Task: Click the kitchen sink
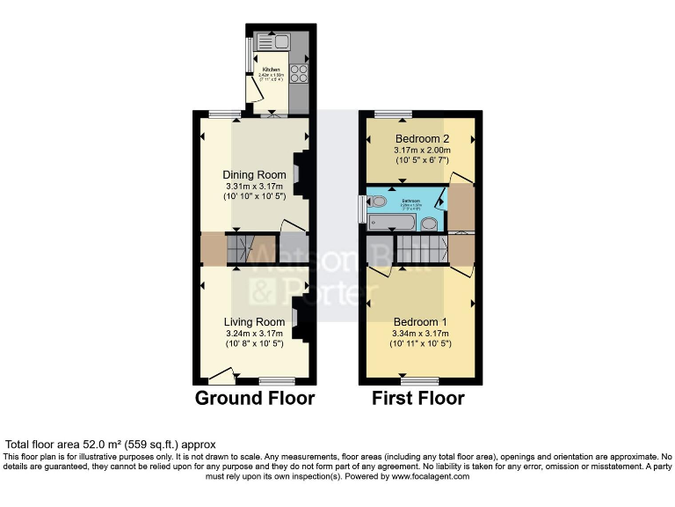[x=279, y=40]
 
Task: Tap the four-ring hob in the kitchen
[x=298, y=74]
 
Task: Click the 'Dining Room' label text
[x=254, y=174]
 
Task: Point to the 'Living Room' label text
[x=254, y=322]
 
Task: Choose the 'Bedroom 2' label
[x=422, y=139]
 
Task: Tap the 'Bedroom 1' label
[x=420, y=322]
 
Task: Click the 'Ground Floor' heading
[x=254, y=399]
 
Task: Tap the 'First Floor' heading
[x=418, y=399]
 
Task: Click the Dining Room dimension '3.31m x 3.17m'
[x=254, y=187]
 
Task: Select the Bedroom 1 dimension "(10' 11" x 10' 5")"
[x=420, y=344]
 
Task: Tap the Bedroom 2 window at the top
[x=393, y=114]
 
